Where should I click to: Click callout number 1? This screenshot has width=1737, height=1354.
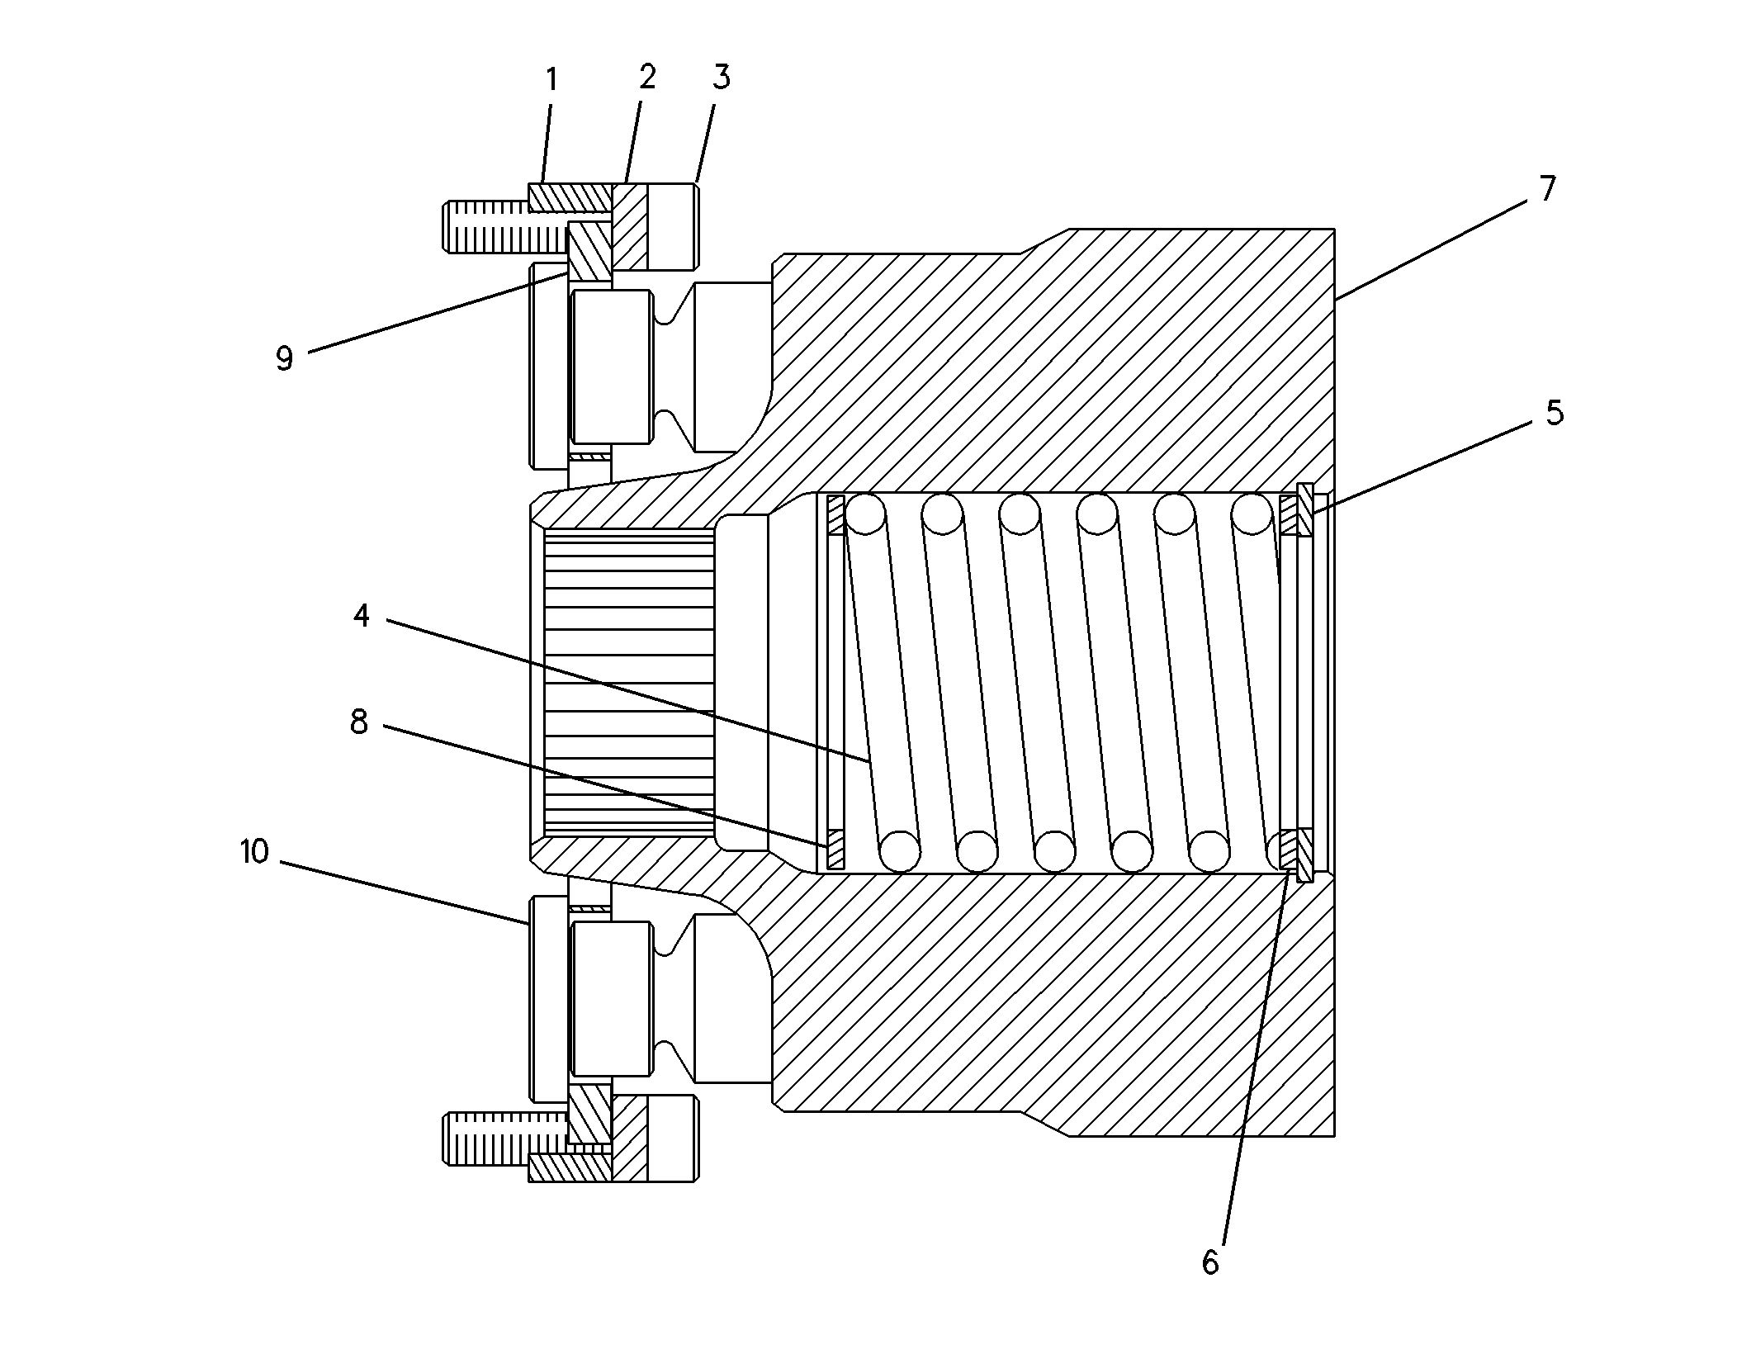point(551,81)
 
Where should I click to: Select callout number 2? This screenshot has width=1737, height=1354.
point(647,77)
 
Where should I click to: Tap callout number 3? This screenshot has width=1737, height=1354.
point(722,77)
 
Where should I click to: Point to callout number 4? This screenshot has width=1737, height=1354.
point(362,615)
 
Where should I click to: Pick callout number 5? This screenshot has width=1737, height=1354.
point(1555,412)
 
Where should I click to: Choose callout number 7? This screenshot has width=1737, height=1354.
point(1547,189)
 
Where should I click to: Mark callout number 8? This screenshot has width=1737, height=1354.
point(359,722)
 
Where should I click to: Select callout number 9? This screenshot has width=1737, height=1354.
point(285,358)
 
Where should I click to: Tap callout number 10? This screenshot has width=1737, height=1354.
point(255,852)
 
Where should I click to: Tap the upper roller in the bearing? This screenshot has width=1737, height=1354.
point(611,367)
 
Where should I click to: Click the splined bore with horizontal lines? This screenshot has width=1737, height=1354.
point(629,682)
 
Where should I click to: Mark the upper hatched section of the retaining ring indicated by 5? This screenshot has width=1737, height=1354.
point(1305,509)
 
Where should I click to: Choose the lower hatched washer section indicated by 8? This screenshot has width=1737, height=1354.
point(835,850)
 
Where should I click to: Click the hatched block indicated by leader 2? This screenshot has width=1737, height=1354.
point(630,227)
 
